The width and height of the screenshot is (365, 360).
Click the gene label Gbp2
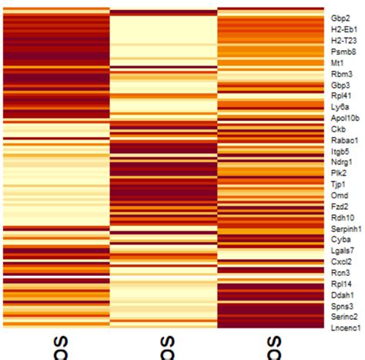(x=340, y=17)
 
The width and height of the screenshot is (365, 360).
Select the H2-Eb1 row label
(x=343, y=29)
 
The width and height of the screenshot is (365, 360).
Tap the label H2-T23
(x=343, y=39)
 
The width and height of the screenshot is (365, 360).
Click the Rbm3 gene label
(x=340, y=73)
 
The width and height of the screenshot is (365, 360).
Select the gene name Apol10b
(x=344, y=118)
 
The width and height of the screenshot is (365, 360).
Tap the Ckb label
(x=338, y=129)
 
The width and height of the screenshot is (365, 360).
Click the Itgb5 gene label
(x=340, y=151)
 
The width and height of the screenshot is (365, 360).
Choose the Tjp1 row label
(x=338, y=184)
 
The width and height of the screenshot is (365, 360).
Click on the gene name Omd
(x=338, y=196)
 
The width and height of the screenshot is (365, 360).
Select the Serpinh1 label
(x=346, y=229)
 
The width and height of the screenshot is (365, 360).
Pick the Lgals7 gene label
(x=342, y=251)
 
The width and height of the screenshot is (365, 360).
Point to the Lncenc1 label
(x=345, y=328)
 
